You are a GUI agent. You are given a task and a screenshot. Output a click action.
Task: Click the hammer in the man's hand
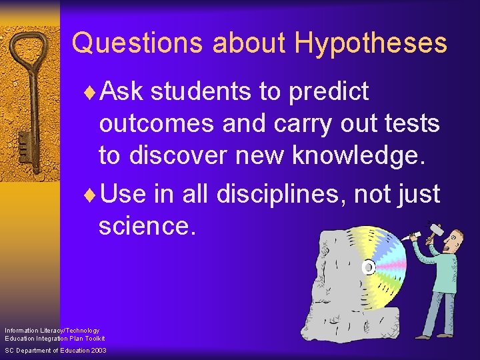coord(433,229)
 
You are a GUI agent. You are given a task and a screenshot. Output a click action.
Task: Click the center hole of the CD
coord(367,267)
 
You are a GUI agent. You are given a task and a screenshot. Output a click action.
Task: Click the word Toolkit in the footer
coord(94,339)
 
